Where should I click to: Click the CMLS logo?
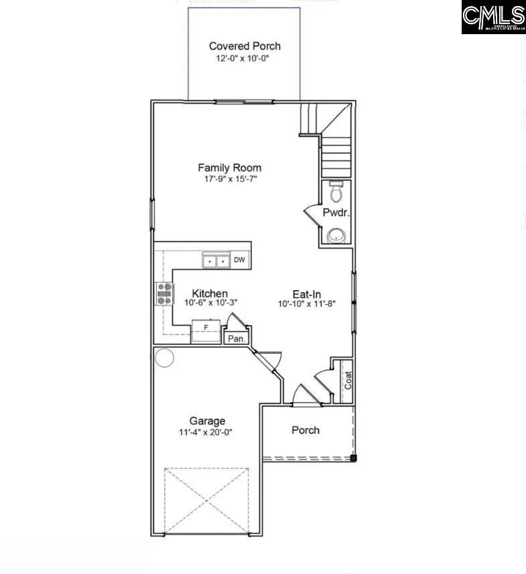click(x=493, y=17)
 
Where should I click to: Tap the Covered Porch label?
click(x=245, y=46)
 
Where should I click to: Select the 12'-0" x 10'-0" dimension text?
click(x=244, y=59)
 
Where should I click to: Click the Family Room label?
click(x=229, y=167)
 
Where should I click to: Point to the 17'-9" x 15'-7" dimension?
click(x=229, y=180)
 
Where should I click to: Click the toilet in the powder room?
click(x=336, y=192)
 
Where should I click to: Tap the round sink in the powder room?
click(x=334, y=236)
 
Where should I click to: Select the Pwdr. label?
click(x=334, y=214)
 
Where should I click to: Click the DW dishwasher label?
click(x=239, y=260)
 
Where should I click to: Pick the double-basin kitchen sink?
click(x=216, y=261)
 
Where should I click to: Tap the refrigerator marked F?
click(x=206, y=330)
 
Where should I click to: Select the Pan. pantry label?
click(x=236, y=338)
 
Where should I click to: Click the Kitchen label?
click(x=210, y=293)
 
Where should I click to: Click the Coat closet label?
click(x=348, y=381)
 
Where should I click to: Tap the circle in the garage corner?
click(x=164, y=357)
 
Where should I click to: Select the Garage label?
click(x=207, y=421)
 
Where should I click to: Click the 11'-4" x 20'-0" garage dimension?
click(x=207, y=433)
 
